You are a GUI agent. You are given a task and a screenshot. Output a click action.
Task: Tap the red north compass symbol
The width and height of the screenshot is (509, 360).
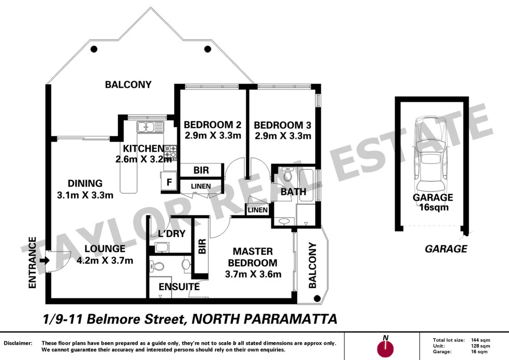tap(386, 348)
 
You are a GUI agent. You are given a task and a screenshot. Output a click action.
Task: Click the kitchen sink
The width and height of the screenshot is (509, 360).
tap(150, 127)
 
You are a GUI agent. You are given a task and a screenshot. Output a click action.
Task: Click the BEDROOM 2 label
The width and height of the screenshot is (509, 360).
tap(212, 125)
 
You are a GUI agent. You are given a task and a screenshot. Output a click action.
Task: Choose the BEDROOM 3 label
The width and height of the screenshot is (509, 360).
tap(282, 125)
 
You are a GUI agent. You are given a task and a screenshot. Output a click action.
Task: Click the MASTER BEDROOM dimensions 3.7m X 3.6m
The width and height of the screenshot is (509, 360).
tap(253, 274)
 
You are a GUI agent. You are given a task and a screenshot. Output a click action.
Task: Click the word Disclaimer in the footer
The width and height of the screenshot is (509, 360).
tap(18, 343)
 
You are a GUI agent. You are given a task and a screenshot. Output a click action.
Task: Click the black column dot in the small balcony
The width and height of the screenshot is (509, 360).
tap(316, 299)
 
